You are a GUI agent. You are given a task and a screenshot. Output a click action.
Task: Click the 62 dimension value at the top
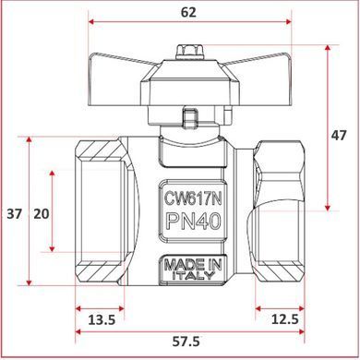188,12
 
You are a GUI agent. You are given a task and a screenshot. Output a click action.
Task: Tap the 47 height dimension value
339,136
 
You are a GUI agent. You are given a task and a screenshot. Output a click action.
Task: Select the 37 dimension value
15,214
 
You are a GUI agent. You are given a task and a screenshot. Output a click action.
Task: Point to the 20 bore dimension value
42,214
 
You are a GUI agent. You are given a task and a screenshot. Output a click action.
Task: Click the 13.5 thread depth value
102,320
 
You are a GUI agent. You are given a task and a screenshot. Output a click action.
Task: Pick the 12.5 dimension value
285,319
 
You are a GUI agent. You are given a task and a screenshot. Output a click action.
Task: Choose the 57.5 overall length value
186,342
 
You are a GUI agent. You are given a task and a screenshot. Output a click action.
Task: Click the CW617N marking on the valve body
193,198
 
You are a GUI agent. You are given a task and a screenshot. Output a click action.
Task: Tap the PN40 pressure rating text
194,222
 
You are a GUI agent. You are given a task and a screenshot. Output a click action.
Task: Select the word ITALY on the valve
193,275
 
